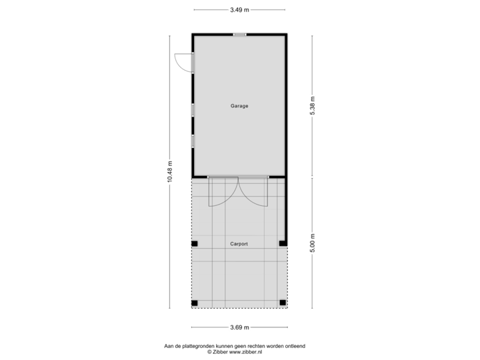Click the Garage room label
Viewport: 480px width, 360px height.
tap(239, 106)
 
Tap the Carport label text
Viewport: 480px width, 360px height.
tap(239, 244)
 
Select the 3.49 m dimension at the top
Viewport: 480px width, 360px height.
tap(239, 10)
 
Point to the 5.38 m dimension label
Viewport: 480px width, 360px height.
tap(312, 106)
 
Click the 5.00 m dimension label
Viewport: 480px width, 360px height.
tap(312, 242)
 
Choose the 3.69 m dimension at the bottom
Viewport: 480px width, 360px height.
tap(239, 327)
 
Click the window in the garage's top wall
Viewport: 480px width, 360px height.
tap(239, 34)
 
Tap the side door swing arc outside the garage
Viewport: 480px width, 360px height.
tap(179, 61)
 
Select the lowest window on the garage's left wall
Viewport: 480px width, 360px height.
tap(193, 141)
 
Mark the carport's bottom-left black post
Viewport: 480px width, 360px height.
tap(194, 303)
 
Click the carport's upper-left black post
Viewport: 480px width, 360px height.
tap(194, 244)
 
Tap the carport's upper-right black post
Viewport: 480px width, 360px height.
tap(283, 244)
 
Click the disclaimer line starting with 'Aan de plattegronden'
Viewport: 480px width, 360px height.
tap(239, 345)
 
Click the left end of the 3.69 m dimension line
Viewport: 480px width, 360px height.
tap(192, 327)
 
